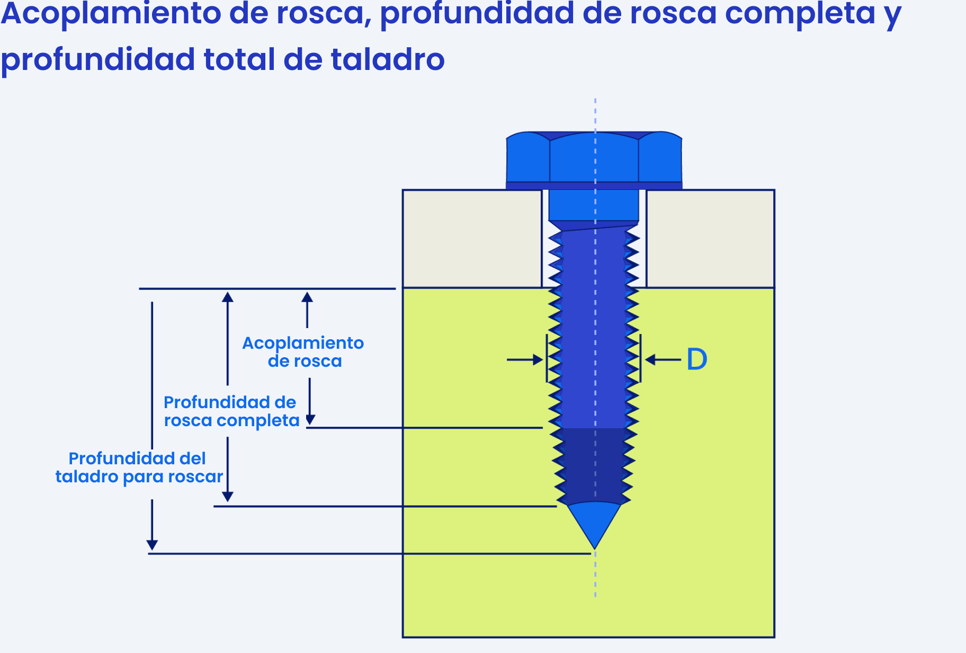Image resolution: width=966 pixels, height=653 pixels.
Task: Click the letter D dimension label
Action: [x=697, y=359]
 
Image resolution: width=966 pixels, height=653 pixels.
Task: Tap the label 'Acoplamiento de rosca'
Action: [x=303, y=352]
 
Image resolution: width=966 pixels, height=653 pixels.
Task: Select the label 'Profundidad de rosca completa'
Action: [x=231, y=411]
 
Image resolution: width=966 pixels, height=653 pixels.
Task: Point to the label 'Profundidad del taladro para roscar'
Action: [x=139, y=467]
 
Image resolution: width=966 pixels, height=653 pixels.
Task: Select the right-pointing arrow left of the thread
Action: [x=525, y=360]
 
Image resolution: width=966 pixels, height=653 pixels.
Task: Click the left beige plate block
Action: [x=472, y=239]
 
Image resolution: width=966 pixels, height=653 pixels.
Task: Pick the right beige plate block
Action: [x=710, y=239]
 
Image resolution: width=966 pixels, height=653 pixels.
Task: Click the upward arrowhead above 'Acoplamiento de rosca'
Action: [x=307, y=297]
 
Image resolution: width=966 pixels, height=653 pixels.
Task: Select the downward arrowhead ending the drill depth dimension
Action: [x=152, y=545]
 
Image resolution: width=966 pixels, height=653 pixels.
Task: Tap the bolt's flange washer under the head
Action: [x=594, y=186]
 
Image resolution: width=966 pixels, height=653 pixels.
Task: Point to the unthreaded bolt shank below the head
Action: [x=594, y=205]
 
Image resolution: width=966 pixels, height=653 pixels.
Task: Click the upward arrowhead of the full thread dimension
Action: [x=228, y=297]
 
